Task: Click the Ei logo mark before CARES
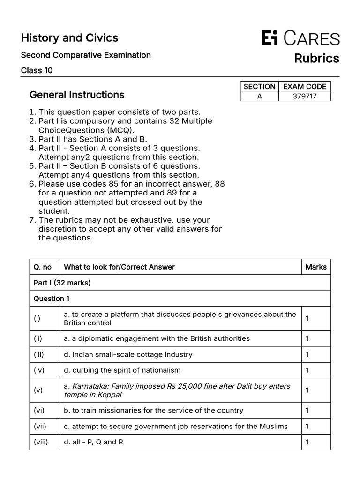coord(270,38)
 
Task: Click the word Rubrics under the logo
coord(316,58)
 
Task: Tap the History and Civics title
coord(69,38)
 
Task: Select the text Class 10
coord(37,71)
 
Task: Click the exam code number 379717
coord(304,96)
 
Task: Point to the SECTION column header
coord(259,86)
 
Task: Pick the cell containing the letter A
coord(259,96)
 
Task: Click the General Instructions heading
coord(77,95)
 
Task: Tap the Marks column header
coord(316,267)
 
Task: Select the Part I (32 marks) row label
coord(62,283)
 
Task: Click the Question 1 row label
coord(51,299)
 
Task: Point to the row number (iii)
coord(39,354)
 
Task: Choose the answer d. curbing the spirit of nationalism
coord(122,370)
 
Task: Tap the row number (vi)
coord(39,410)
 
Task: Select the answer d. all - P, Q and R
coord(93,442)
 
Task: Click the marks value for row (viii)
coord(307,442)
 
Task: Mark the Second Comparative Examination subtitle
coord(86,55)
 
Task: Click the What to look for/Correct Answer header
coord(119,267)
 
